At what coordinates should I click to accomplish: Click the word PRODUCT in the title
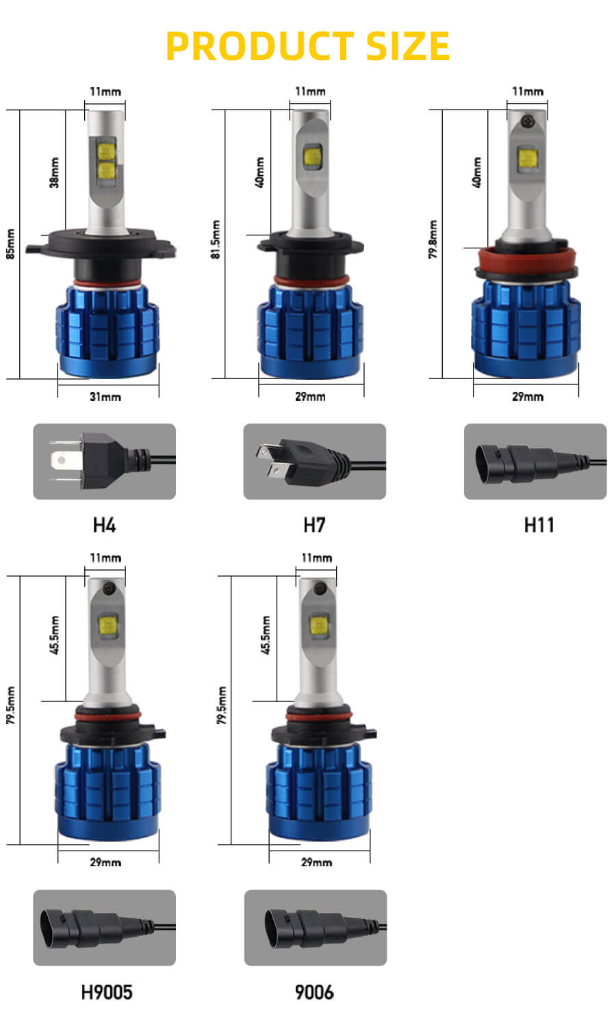260,46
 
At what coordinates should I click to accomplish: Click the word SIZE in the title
408,46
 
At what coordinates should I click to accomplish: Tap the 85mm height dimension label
10,244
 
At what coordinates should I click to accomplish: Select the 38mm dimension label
54,172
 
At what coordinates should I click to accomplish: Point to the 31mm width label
105,397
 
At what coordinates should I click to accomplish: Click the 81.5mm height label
216,239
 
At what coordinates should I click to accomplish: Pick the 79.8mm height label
433,239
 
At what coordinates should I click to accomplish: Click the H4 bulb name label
105,525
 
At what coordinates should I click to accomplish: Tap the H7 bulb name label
314,525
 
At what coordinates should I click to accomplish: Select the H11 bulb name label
539,525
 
